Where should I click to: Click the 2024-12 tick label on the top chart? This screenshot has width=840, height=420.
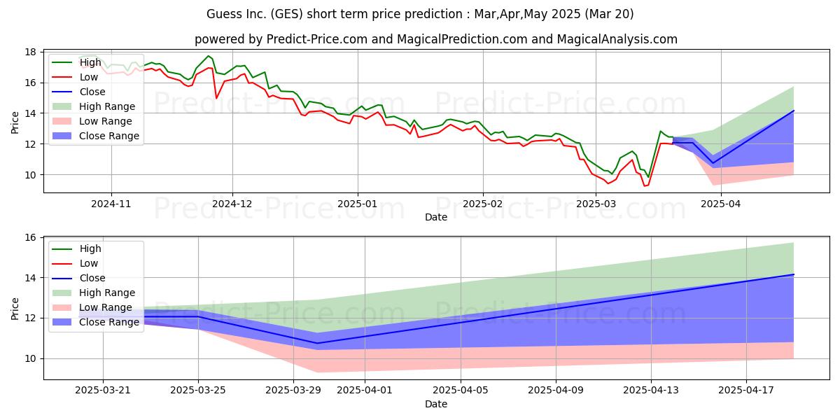tap(232, 204)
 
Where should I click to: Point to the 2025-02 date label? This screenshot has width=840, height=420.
tap(483, 204)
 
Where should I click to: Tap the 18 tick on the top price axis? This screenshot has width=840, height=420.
tap(30, 52)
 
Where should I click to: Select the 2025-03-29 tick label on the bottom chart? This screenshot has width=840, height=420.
tap(293, 391)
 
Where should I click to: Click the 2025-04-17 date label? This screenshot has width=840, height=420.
tap(746, 391)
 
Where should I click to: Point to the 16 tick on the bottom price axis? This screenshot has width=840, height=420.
tap(30, 238)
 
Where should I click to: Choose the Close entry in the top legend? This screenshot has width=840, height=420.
tap(78, 92)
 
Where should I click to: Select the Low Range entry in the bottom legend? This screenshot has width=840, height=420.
tap(92, 307)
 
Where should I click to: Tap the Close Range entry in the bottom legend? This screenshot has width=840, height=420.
tap(96, 322)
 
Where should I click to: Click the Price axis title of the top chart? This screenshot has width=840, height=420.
tap(15, 122)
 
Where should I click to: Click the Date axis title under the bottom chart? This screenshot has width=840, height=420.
tap(436, 404)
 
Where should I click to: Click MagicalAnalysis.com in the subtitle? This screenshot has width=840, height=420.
tap(617, 39)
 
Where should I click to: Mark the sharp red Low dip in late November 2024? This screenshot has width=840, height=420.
tap(216, 98)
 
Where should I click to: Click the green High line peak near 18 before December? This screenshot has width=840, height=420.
tap(209, 56)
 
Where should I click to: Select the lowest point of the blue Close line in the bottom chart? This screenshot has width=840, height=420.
tap(317, 343)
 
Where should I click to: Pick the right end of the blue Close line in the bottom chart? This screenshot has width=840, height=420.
tap(794, 274)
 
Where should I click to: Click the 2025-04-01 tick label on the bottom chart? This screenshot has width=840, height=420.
tap(365, 391)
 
